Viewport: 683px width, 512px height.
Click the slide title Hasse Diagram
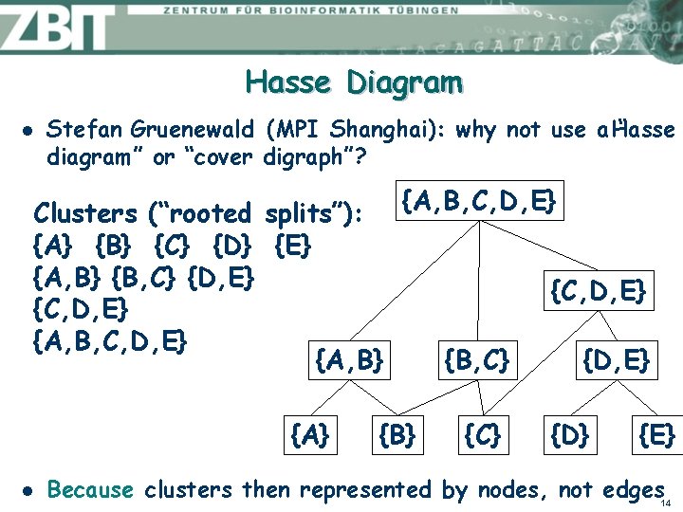(354, 83)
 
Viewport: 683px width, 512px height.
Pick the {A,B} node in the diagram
(348, 359)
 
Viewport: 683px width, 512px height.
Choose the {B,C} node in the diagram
(477, 359)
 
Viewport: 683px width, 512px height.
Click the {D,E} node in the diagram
(615, 359)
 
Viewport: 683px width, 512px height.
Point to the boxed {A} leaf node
(309, 435)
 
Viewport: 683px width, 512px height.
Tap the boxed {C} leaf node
(481, 435)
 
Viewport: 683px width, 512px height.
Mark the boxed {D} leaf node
(570, 435)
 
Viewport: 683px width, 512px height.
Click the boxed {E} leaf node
(656, 435)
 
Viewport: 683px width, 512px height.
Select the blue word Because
(90, 490)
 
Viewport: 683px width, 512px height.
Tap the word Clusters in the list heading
(84, 214)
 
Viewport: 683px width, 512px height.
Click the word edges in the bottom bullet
(632, 490)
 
